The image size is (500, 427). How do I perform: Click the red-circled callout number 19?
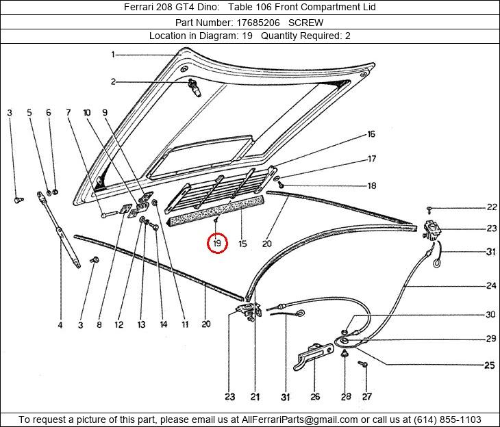coord(217,244)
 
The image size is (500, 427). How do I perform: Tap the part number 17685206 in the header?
coord(258,23)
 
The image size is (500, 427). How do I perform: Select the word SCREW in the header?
coord(305,23)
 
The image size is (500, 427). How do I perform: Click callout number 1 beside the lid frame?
coord(113,55)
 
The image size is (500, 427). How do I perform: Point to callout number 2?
coord(113,82)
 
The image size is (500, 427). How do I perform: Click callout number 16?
coord(371,134)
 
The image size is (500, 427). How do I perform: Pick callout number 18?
coord(372,185)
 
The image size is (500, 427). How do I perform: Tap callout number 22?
coord(492,207)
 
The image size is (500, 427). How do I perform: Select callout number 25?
coord(490,365)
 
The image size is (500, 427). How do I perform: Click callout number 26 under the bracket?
coord(315,396)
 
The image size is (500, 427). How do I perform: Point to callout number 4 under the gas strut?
coord(60,325)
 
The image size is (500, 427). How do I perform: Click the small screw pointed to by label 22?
coord(429,209)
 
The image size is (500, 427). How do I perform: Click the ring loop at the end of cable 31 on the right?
coord(436,263)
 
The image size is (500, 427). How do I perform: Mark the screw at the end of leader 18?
coord(281,184)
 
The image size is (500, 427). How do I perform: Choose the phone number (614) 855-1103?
coord(447,419)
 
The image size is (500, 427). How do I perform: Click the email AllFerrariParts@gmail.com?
coord(300,419)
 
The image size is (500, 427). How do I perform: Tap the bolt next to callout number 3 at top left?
coord(19,200)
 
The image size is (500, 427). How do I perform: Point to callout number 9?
coord(105,112)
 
